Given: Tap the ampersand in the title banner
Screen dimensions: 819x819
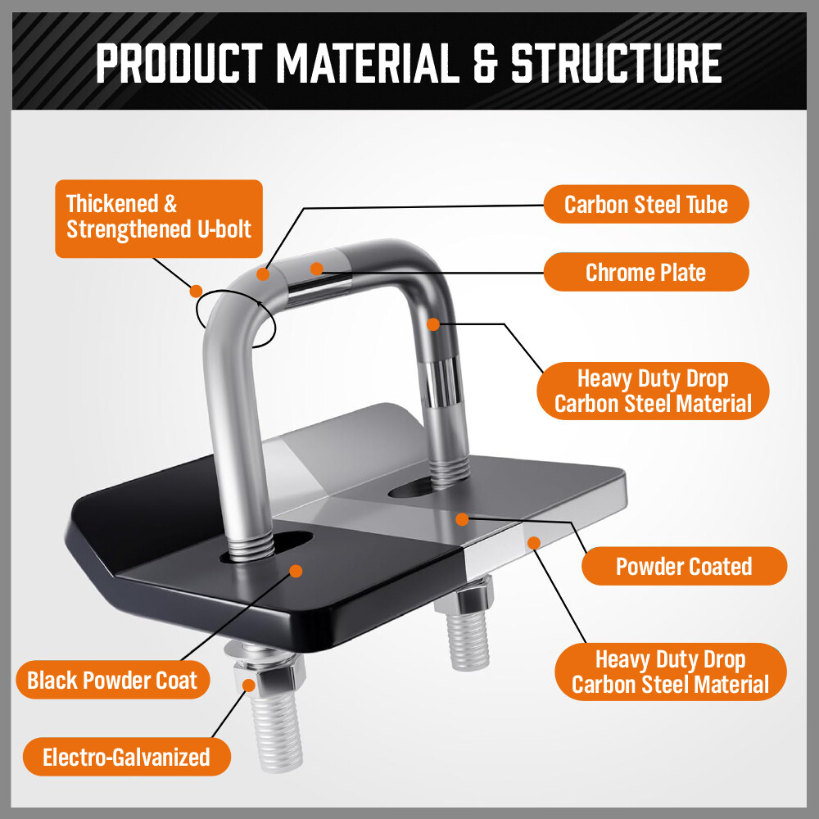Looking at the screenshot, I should (484, 63).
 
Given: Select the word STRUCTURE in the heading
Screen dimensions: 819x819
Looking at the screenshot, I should (616, 63).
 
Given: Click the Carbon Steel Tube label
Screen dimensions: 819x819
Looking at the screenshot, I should (646, 204).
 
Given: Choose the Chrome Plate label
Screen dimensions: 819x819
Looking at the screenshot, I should (646, 272).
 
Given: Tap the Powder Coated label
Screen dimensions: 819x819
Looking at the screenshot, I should (684, 566).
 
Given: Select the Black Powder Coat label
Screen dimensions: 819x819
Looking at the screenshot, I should (113, 680).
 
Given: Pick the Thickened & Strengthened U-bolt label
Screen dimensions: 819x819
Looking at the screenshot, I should (159, 218).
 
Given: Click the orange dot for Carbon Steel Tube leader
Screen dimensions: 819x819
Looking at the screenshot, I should (263, 274).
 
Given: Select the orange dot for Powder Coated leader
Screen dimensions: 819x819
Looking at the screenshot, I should (463, 518).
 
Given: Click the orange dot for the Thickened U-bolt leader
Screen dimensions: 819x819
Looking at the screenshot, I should (196, 290).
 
